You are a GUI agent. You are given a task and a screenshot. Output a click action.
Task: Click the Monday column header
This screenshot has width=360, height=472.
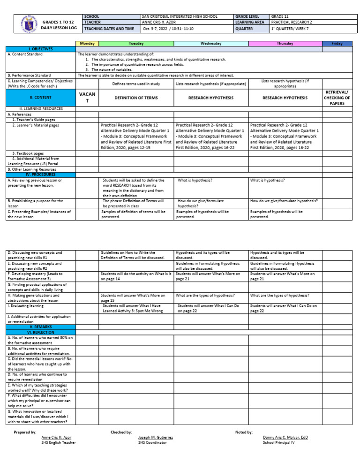87,44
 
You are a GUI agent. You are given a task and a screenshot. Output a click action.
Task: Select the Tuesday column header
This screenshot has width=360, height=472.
136,44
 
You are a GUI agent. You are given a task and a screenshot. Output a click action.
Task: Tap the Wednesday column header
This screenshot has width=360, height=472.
211,44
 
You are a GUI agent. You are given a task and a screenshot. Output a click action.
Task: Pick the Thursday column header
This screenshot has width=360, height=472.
285,44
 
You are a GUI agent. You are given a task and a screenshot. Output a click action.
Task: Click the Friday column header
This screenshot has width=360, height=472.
337,44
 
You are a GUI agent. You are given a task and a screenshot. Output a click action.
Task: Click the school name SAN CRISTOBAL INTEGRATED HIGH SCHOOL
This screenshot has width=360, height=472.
180,16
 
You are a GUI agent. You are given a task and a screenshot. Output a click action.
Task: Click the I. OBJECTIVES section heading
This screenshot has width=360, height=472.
41,49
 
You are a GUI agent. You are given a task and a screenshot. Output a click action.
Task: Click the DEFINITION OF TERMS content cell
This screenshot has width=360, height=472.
136,98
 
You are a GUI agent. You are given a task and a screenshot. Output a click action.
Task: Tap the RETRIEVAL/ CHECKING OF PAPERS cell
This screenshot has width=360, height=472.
337,98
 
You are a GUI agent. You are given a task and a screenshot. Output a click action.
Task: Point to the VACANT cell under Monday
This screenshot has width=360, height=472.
87,98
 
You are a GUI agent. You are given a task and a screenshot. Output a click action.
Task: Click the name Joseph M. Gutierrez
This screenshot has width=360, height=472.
155,437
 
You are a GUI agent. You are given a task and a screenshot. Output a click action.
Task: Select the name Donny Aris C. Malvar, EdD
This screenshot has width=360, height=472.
285,437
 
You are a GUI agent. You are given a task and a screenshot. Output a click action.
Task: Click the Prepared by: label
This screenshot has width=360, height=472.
25,432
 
